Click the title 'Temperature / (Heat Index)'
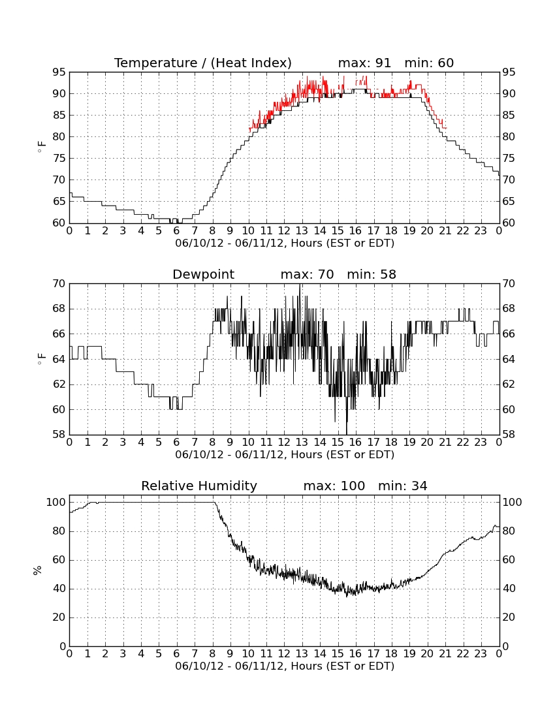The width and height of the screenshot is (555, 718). point(203,63)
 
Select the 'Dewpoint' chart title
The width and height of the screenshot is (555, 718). point(203,275)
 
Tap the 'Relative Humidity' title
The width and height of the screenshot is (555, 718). point(199,486)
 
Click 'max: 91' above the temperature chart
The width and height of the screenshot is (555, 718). point(364,63)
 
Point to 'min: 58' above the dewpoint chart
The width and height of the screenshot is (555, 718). point(372,275)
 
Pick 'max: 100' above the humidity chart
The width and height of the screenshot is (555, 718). point(334,486)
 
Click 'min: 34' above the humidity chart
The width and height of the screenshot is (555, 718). point(402,486)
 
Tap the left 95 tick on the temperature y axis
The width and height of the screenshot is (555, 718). point(59,72)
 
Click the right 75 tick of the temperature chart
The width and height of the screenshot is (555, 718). point(508,159)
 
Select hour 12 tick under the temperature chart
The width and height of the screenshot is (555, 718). point(284,231)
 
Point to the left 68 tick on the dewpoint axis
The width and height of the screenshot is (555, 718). point(59,309)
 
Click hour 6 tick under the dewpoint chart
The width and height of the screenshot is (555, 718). point(177,443)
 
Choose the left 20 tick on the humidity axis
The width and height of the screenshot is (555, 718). point(59,617)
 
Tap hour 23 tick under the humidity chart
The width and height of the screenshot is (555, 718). point(481,654)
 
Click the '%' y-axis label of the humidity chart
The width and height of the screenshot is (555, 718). point(38,570)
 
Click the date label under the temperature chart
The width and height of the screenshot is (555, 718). point(285,243)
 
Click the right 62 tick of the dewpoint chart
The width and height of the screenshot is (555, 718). point(508,384)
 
